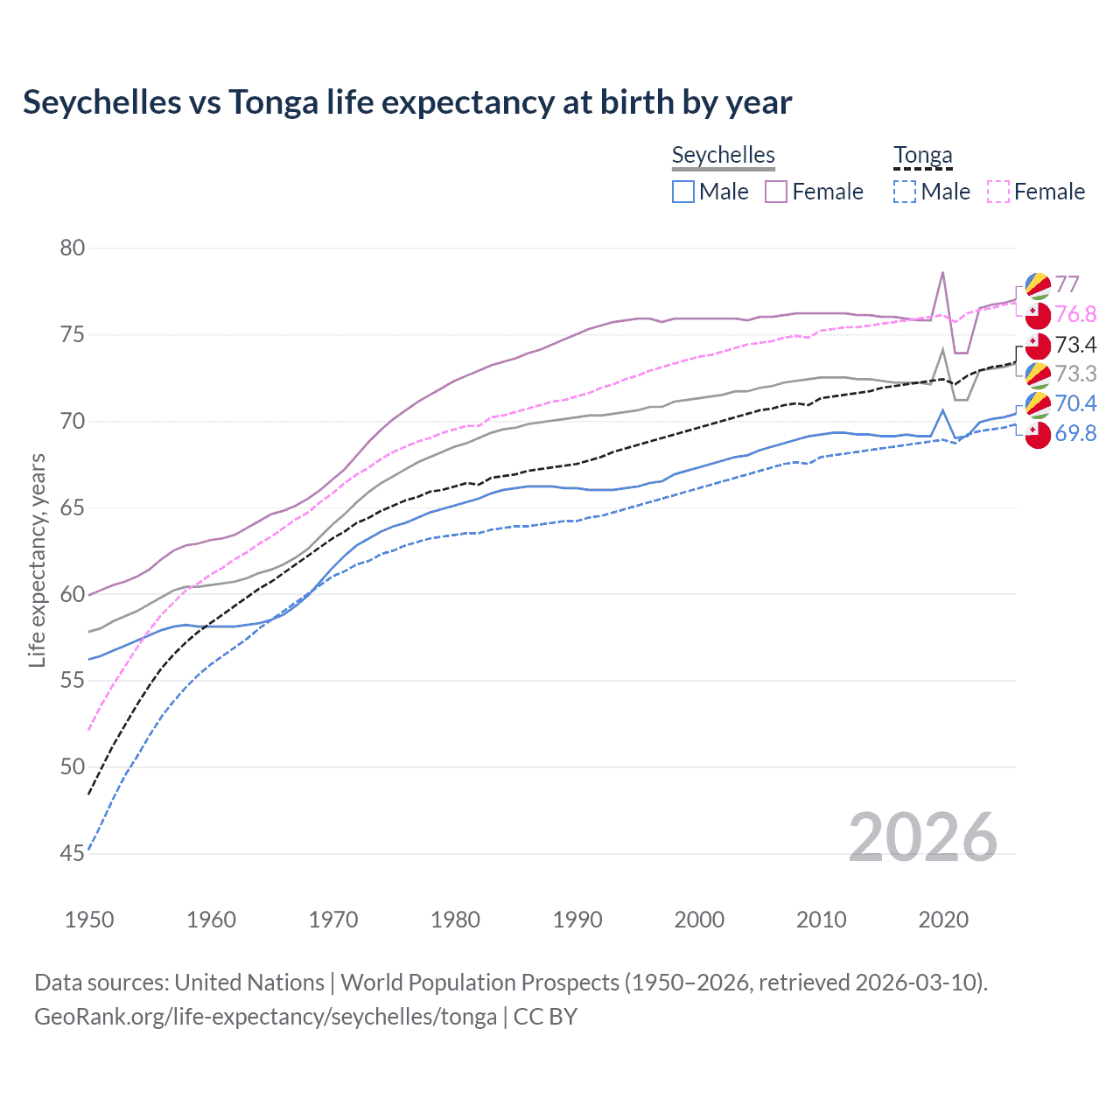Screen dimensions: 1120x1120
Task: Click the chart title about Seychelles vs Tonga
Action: (407, 102)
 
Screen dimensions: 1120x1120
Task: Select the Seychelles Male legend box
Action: (683, 192)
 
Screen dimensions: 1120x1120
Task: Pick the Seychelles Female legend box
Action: (776, 192)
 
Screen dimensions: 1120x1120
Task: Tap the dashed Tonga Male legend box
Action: (905, 192)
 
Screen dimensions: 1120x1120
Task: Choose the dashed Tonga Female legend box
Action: (998, 192)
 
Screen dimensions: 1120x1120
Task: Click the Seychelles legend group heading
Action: (723, 155)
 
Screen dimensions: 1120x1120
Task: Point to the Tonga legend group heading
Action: (922, 155)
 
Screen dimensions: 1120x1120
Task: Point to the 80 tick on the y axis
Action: (73, 248)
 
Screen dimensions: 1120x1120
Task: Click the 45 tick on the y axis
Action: (73, 853)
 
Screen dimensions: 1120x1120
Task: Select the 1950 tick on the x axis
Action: (89, 920)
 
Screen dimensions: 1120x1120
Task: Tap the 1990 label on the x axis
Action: (577, 920)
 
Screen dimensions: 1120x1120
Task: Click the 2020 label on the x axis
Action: (943, 920)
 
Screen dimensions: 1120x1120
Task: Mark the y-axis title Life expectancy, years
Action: (37, 560)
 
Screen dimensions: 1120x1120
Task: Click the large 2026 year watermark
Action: (922, 837)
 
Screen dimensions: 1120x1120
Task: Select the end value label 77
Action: (1067, 284)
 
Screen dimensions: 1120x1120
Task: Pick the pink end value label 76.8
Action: (1075, 314)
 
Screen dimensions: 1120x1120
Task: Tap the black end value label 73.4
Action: (1075, 345)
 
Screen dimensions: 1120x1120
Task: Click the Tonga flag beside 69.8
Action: (1038, 435)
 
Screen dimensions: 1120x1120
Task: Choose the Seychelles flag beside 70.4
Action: (1038, 404)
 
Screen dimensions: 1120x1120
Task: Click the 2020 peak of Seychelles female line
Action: (942, 272)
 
